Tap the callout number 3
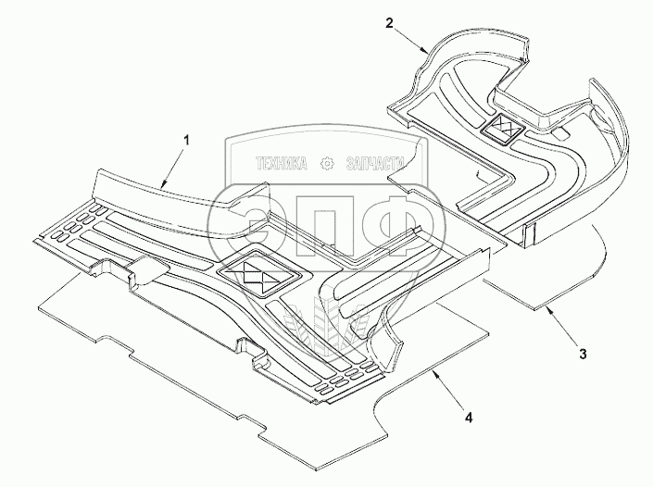click(582, 353)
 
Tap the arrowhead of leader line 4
click(432, 373)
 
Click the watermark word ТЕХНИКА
click(282, 164)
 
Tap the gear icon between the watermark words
click(326, 164)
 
